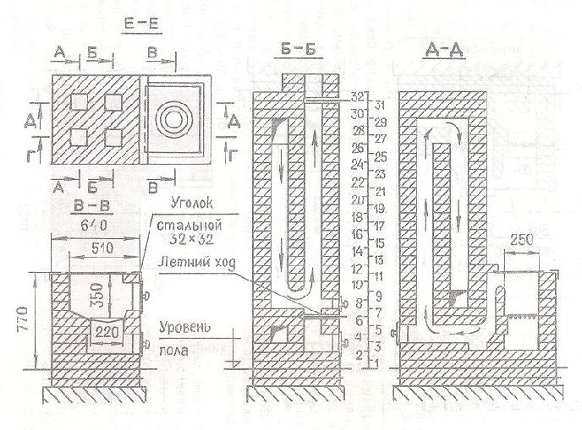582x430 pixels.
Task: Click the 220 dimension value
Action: tap(107, 329)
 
